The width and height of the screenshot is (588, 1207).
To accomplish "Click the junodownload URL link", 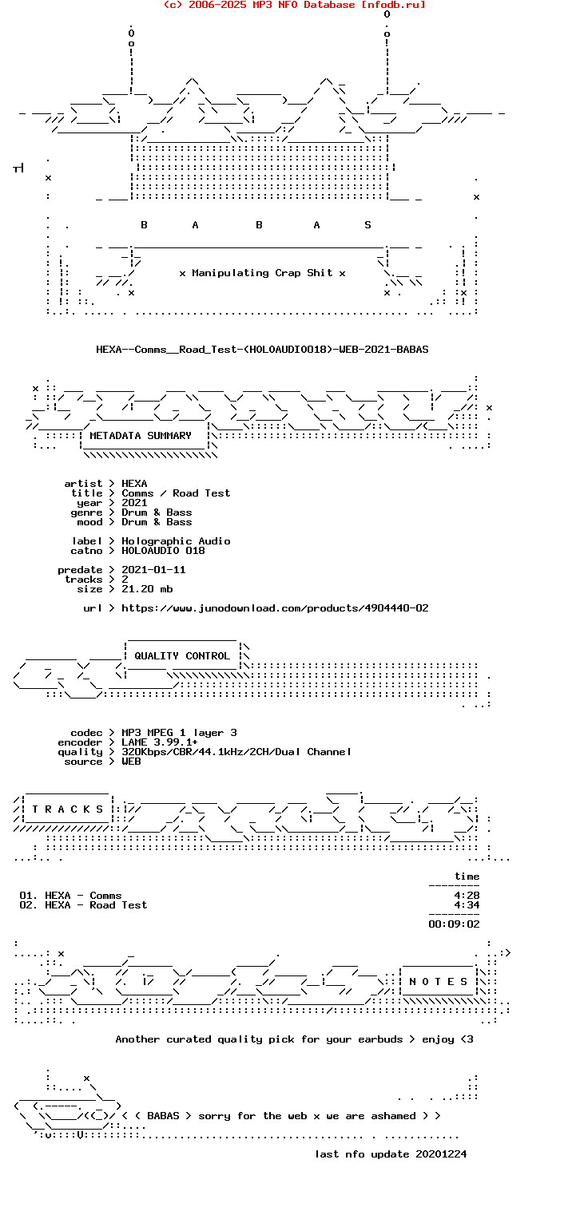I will [x=275, y=608].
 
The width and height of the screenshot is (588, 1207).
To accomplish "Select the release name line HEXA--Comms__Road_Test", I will [x=262, y=350].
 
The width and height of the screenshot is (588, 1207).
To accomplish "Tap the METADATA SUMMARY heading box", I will [x=141, y=436].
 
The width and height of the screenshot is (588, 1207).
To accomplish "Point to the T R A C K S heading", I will [x=63, y=809].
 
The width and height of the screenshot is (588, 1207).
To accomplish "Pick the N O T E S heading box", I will [x=439, y=982].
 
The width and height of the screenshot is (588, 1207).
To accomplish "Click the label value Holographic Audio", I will [x=176, y=541].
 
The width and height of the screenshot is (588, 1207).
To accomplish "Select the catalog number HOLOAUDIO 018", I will [x=163, y=551].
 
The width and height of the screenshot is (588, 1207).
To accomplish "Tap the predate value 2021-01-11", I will [x=153, y=570].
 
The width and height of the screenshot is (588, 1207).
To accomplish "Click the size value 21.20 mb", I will [x=147, y=589].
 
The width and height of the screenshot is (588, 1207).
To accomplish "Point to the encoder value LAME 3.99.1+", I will [x=160, y=742].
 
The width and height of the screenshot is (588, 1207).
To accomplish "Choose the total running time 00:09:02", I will [x=454, y=924].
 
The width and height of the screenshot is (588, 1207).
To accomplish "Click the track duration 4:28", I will [x=467, y=896].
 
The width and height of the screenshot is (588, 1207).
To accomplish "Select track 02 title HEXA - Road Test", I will [x=96, y=905].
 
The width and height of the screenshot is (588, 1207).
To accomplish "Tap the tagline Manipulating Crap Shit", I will [x=262, y=273].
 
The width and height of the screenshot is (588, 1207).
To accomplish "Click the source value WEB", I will [x=131, y=762].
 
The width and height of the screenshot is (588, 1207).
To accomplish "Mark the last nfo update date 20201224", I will [x=441, y=1154].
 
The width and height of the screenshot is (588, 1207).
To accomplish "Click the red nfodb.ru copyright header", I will [x=294, y=5].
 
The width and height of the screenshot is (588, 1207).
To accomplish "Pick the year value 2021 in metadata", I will [x=134, y=503].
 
